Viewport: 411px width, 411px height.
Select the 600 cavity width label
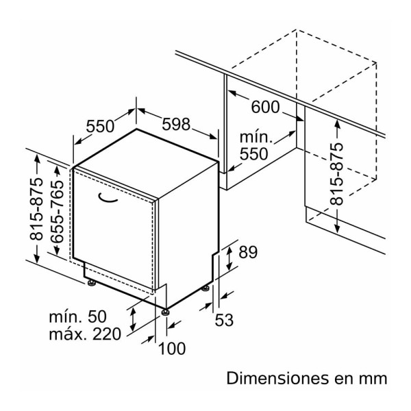pos(265,107)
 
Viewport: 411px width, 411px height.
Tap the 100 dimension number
pos(171,349)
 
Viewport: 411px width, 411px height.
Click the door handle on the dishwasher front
pos(109,199)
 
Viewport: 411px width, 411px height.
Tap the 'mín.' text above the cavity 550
pos(256,138)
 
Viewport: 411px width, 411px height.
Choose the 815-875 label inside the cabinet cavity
pos(336,175)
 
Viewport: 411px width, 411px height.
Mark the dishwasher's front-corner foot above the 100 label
pos(165,312)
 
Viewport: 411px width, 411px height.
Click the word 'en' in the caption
pos(345,378)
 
